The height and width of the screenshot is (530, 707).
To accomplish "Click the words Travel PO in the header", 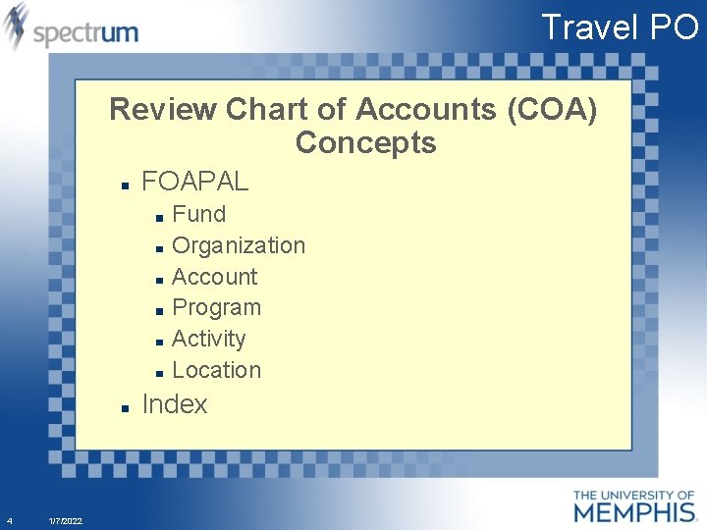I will click(620, 26).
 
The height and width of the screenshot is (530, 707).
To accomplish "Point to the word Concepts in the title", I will click(365, 143).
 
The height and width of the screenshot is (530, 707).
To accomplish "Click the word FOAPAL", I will click(195, 182).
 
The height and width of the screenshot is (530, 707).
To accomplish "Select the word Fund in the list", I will click(198, 214).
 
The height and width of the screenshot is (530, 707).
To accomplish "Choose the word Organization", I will click(239, 245).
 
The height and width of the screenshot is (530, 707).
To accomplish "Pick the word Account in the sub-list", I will click(214, 277).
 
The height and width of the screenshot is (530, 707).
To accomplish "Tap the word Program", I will click(216, 307).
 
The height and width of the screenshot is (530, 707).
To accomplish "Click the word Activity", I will click(208, 339).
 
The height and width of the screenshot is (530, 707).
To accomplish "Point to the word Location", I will click(216, 370).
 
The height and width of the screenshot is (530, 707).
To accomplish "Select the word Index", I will click(175, 404).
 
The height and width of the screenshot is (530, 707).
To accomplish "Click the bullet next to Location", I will click(159, 373).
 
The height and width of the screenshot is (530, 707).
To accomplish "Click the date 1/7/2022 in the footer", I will click(66, 520).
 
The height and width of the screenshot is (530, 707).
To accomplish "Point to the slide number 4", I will click(9, 520).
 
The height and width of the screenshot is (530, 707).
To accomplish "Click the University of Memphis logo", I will click(633, 504).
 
